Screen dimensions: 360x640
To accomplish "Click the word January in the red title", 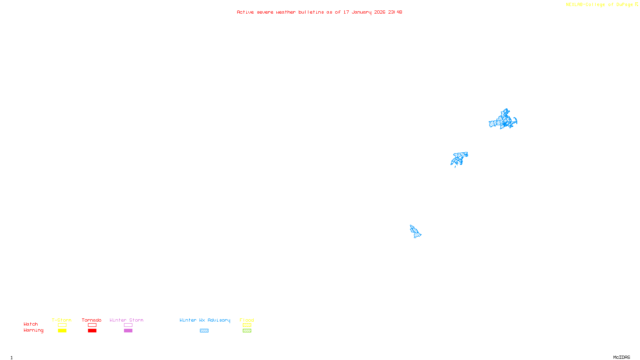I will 361,12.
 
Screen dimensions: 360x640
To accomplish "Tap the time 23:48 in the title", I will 395,12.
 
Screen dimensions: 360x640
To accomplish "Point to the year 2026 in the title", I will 380,12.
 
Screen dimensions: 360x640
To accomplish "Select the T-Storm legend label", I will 62,320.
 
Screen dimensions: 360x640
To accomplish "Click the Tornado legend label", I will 92,320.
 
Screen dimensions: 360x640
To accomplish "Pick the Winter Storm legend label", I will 126,320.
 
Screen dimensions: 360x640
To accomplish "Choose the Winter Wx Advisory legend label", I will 205,320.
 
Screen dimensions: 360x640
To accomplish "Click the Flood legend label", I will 247,320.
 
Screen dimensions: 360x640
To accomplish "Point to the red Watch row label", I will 31,324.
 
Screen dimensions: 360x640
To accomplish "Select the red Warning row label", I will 33,330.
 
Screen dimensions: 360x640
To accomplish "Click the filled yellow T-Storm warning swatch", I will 62,331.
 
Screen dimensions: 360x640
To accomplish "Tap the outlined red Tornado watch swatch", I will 92,325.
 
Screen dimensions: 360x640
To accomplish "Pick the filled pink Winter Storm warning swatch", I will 128,331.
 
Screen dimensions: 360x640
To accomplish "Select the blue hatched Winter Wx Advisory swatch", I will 204,331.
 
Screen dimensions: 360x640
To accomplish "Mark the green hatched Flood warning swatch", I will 247,331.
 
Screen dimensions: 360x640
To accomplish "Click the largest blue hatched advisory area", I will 503,120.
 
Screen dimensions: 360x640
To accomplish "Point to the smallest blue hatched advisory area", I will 415,231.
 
